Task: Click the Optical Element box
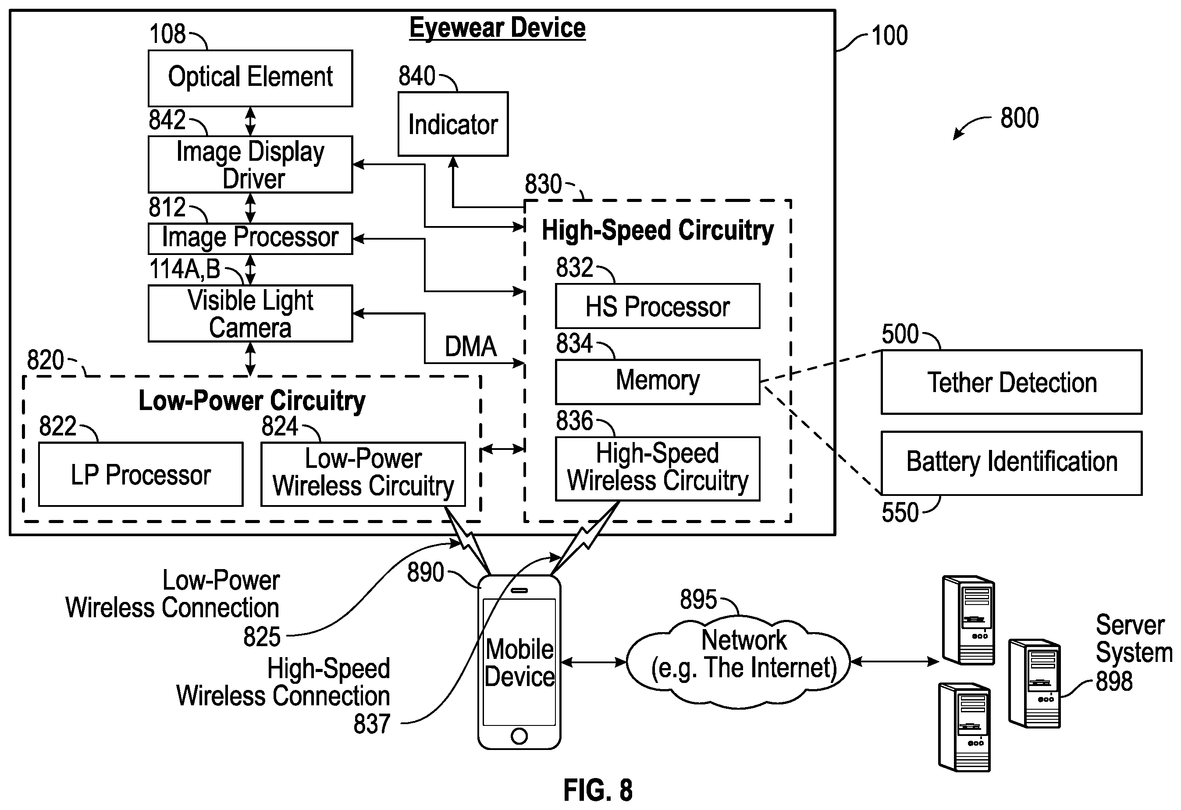[250, 78]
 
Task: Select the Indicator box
[453, 124]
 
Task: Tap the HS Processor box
[658, 306]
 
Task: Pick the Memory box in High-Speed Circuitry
[658, 382]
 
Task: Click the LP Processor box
[141, 474]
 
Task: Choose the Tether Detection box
[1012, 382]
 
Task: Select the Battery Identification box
[1012, 463]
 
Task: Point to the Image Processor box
[250, 239]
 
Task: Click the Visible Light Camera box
[250, 313]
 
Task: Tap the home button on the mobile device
[519, 736]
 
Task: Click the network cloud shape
[738, 661]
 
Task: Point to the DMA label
[470, 347]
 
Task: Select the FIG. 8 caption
[598, 790]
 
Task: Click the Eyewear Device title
[498, 28]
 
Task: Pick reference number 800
[1019, 118]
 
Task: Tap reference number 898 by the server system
[1114, 681]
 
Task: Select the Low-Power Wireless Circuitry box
[363, 474]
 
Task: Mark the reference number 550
[900, 513]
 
